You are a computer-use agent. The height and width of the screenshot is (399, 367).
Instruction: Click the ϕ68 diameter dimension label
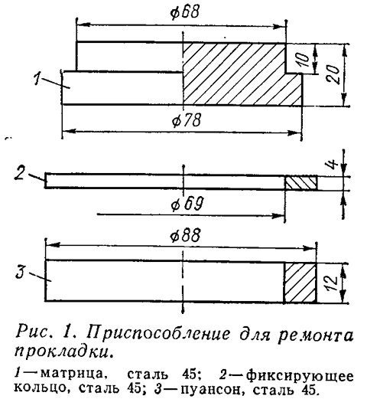click(184, 12)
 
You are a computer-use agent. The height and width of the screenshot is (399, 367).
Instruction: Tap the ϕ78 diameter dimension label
click(187, 120)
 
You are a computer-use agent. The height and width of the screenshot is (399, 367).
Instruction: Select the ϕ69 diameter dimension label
click(187, 204)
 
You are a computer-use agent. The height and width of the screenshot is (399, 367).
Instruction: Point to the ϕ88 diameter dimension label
click(185, 235)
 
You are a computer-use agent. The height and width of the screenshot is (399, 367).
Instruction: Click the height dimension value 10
click(304, 61)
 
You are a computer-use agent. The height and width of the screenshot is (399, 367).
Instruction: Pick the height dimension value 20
click(333, 75)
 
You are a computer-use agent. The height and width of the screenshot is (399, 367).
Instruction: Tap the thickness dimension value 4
click(333, 164)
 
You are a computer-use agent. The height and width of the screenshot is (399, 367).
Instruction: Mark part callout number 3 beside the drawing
click(20, 272)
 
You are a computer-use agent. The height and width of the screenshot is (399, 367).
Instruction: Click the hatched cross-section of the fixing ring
click(300, 183)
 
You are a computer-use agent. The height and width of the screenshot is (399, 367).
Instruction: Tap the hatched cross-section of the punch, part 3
click(300, 283)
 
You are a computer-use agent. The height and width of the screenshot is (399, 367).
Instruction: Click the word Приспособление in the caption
click(158, 333)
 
